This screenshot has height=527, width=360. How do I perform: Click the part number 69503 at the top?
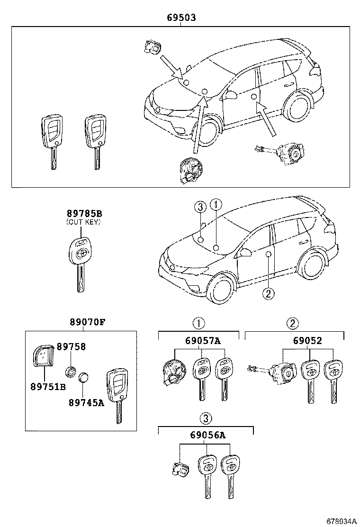click(181, 18)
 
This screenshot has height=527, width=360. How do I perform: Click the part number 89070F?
click(86, 322)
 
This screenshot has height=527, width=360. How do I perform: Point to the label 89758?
click(71, 346)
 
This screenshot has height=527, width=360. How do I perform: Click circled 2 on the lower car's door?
click(268, 294)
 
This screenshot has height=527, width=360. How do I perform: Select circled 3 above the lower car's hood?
click(200, 206)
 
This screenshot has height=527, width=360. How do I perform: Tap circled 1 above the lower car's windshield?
click(216, 205)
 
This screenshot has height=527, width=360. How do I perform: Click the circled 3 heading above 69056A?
click(205, 418)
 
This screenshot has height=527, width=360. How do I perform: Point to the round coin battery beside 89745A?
click(84, 377)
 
